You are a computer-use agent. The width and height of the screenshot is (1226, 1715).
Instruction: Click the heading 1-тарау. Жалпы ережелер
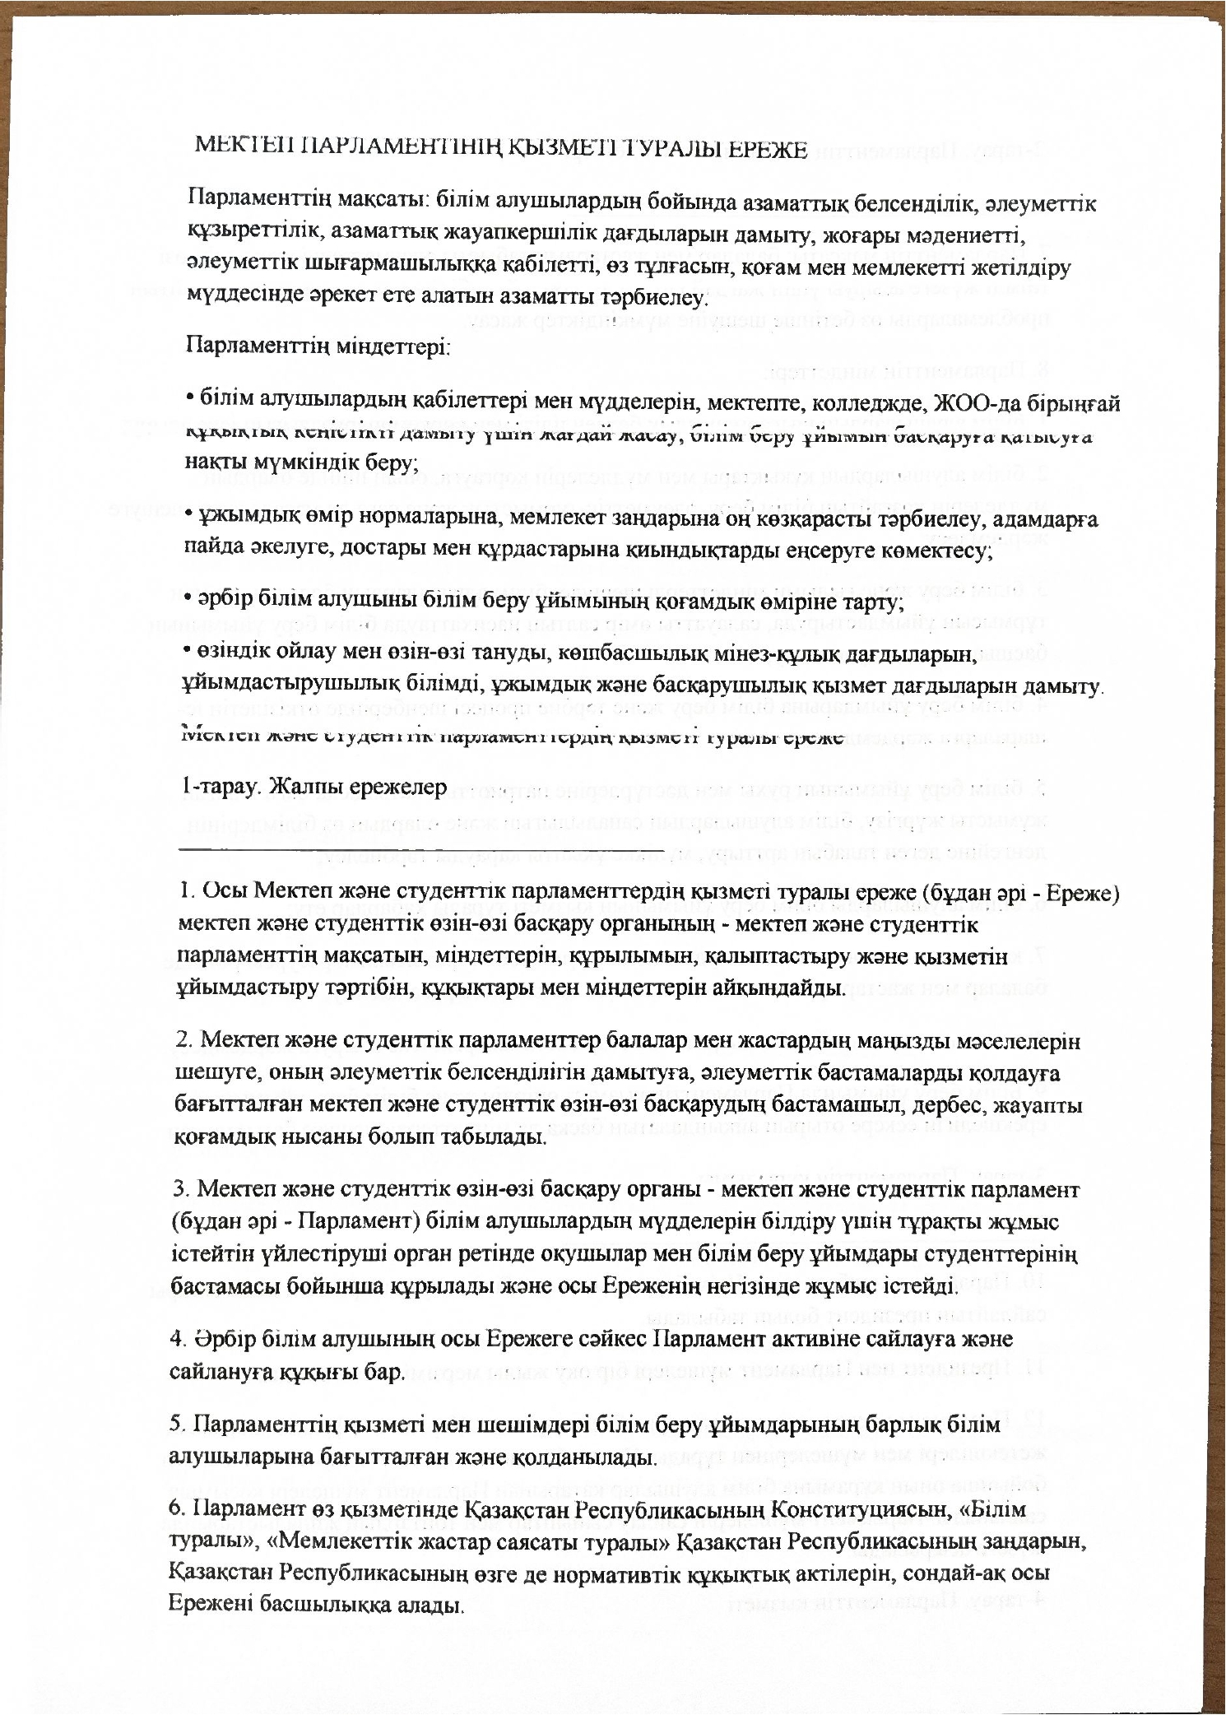pyautogui.click(x=313, y=788)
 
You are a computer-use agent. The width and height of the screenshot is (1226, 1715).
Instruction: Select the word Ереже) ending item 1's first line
pyautogui.click(x=1078, y=893)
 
